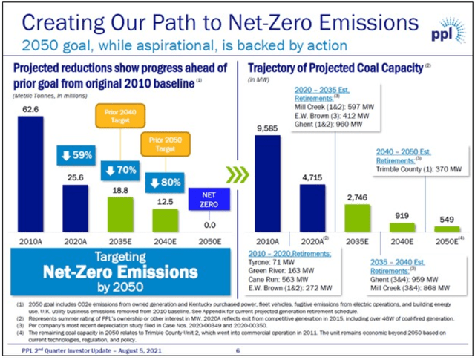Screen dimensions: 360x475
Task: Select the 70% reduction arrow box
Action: coord(121,169)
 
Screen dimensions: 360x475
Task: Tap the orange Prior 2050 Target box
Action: coord(166,144)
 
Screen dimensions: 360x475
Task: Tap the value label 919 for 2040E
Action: coord(402,216)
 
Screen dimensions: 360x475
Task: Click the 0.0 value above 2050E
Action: coord(211,224)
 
